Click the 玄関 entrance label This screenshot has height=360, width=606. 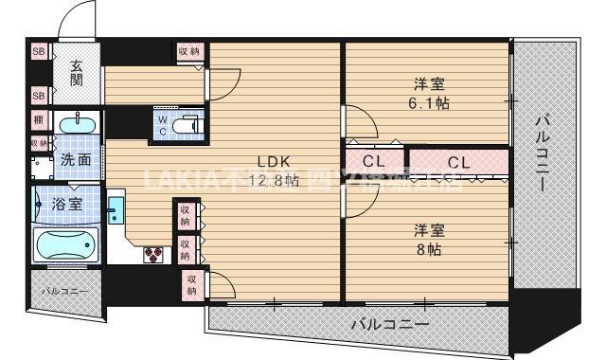click(75, 73)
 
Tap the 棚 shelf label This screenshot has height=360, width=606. click(39, 120)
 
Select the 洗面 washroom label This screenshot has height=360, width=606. click(76, 160)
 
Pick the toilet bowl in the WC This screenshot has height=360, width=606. click(187, 124)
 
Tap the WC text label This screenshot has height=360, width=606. click(163, 125)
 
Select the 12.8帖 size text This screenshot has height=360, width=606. click(274, 180)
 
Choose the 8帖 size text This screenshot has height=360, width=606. click(427, 250)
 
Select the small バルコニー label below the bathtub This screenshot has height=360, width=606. click(63, 290)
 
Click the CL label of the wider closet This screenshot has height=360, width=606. click(458, 162)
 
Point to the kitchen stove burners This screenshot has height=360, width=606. click(154, 254)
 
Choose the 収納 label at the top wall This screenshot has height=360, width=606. click(187, 50)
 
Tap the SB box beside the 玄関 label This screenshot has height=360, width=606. click(39, 51)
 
